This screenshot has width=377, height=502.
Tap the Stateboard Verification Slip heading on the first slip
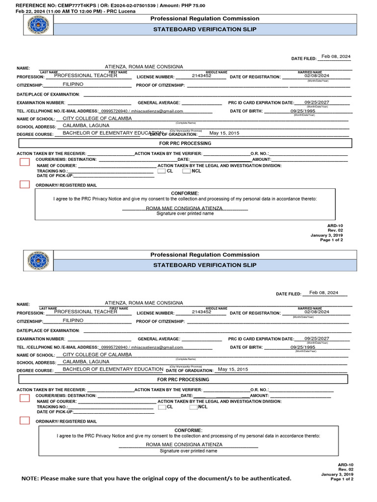(x=205, y=29)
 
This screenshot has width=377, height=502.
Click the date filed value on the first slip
(x=336, y=57)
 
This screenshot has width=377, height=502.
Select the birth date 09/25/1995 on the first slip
(x=303, y=111)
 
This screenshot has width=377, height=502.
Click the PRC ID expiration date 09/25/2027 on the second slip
(x=317, y=339)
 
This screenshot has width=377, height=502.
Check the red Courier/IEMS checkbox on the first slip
(x=25, y=162)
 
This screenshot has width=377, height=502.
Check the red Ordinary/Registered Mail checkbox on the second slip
(x=25, y=420)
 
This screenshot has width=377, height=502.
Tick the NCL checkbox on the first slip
(x=187, y=171)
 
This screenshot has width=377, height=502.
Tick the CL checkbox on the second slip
(x=162, y=407)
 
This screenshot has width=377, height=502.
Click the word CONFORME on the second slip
(x=188, y=430)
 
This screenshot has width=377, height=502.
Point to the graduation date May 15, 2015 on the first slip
(x=224, y=133)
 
